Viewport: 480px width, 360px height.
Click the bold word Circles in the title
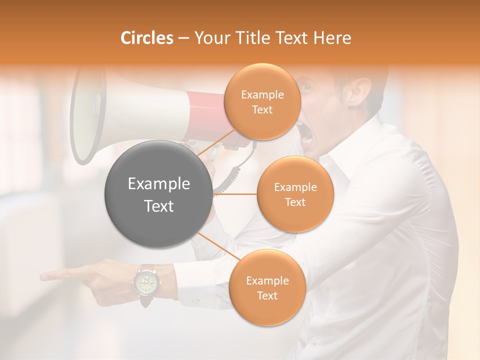click(x=146, y=38)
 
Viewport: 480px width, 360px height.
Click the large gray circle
click(x=158, y=194)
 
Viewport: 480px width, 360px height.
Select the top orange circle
click(x=262, y=101)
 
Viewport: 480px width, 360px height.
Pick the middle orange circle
click(x=295, y=194)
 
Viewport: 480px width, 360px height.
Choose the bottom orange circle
click(x=267, y=287)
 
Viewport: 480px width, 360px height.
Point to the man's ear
click(x=363, y=90)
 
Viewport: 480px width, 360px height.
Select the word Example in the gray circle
click(x=158, y=184)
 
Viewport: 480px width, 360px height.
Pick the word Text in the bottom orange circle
click(x=267, y=295)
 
